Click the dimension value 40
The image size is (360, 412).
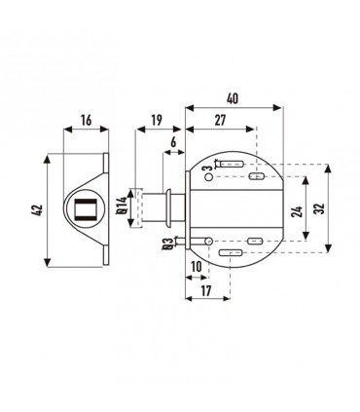(233, 98)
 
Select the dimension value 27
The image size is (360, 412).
(220, 120)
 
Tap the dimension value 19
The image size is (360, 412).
(157, 120)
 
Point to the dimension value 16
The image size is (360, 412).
(86, 120)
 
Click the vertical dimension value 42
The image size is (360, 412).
(38, 210)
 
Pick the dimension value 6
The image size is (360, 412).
(173, 142)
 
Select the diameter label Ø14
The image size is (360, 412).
(122, 206)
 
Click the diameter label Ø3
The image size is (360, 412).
(168, 244)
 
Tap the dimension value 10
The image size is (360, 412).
(197, 267)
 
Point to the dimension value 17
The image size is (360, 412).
(206, 290)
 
